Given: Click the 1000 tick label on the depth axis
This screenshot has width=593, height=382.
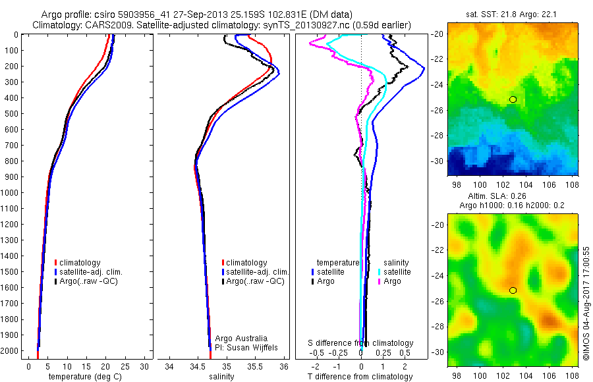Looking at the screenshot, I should coord(11,192).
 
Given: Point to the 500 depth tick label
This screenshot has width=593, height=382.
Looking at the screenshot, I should coord(13,113).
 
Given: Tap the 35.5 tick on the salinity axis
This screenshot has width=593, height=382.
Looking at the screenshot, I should coord(255,366).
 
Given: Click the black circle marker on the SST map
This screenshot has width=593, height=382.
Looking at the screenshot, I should coord(513,99).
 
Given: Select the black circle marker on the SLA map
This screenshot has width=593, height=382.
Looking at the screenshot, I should coord(513,290).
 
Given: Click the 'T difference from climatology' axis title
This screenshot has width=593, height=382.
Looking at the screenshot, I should coord(360,377).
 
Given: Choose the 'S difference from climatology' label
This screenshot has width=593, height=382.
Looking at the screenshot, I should coord(361,343).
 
